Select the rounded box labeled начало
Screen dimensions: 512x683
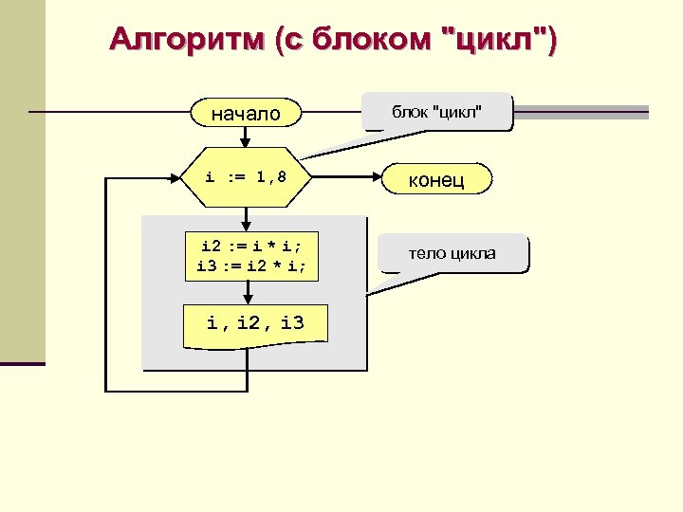click(x=246, y=114)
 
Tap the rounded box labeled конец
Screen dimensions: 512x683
click(x=436, y=179)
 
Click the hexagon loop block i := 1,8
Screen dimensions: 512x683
click(x=247, y=176)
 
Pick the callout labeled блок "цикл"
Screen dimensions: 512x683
click(x=437, y=113)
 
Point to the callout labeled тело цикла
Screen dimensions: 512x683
click(x=452, y=253)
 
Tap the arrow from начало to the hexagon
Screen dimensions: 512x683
click(x=247, y=137)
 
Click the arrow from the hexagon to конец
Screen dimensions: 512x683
click(x=347, y=177)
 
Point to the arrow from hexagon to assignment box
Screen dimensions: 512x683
click(x=247, y=217)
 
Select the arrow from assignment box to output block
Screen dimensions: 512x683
click(x=247, y=294)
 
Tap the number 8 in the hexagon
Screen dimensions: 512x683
click(x=281, y=176)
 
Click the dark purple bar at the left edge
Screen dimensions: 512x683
click(x=22, y=363)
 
